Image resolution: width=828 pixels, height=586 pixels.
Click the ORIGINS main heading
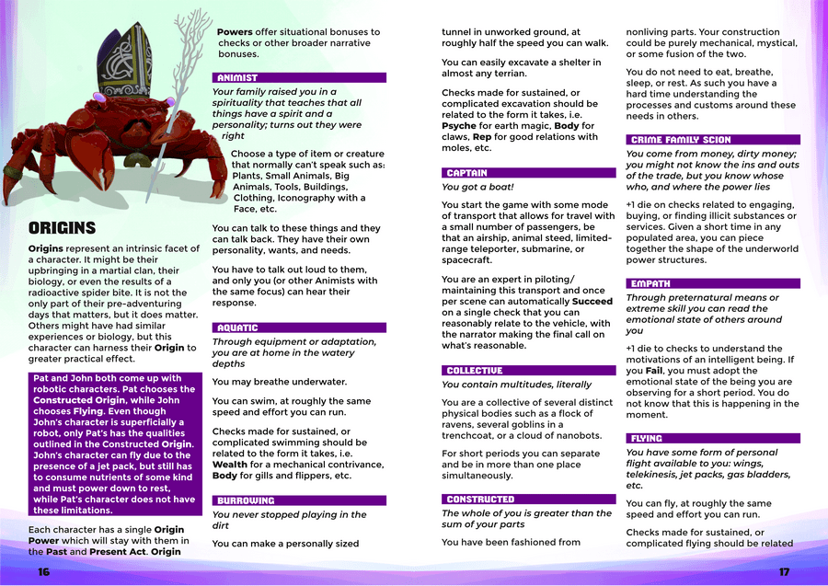63,228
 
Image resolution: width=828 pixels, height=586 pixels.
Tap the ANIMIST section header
237,78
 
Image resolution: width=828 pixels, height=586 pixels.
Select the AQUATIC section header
237,327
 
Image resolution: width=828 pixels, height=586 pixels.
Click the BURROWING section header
246,500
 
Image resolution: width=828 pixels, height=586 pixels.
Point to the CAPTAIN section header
466,173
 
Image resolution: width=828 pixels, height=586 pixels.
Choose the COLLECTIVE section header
474,370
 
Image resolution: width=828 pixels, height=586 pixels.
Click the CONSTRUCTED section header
480,499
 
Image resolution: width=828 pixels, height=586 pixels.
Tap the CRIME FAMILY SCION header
681,140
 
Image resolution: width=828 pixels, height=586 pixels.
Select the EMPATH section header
650,284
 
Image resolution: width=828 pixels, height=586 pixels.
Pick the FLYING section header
647,439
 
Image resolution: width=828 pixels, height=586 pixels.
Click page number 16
43,572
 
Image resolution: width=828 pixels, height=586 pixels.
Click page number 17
784,572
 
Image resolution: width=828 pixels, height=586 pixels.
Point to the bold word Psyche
459,126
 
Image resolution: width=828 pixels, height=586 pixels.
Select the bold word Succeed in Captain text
593,301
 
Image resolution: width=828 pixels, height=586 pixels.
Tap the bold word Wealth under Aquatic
230,465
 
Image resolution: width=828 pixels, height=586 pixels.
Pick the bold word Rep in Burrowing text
484,137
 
